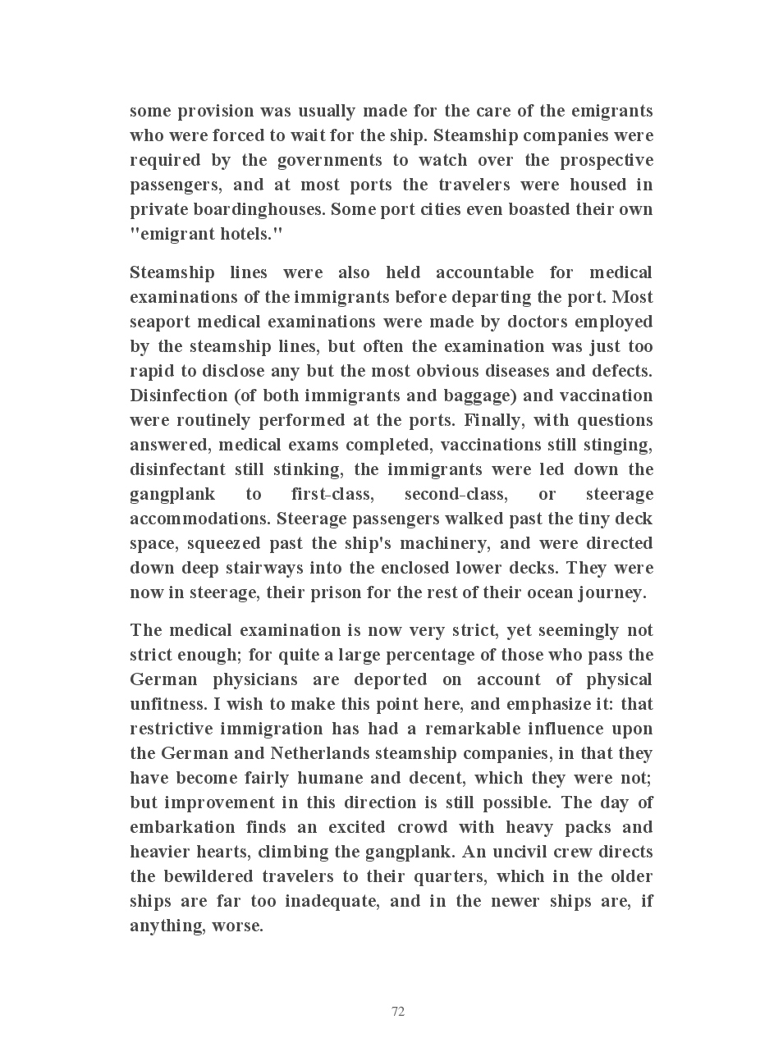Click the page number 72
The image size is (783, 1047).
click(x=398, y=1011)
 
